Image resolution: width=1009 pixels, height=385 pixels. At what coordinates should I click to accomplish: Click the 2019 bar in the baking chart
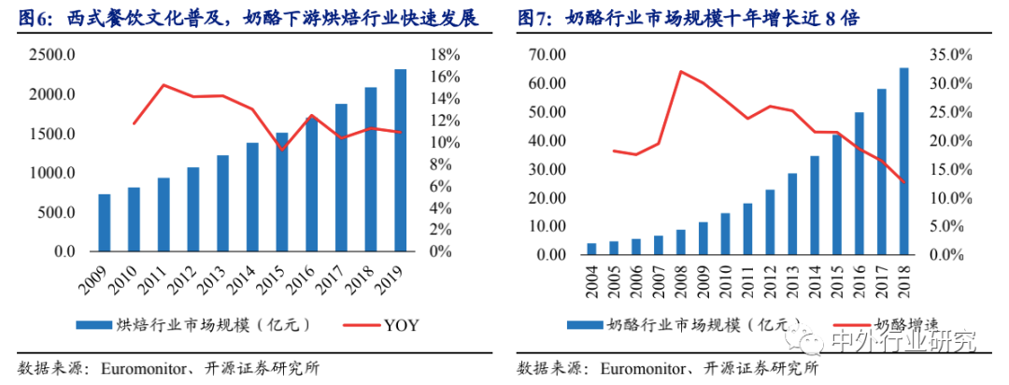tap(400, 161)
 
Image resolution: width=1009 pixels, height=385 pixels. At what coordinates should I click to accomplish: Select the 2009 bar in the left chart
tap(105, 223)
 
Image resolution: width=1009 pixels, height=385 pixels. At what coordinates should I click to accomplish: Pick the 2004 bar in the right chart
tap(591, 249)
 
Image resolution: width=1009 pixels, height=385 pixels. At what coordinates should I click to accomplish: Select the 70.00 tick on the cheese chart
tap(545, 55)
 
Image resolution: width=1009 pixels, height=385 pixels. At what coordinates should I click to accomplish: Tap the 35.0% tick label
tap(954, 55)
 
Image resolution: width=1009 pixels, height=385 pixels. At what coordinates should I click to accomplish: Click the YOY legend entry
tap(401, 325)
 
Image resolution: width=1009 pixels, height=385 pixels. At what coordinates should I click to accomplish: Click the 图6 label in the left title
tap(33, 17)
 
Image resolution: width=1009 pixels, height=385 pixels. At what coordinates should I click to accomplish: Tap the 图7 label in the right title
tap(535, 17)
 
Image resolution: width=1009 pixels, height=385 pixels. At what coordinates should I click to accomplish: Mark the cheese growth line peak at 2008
tap(681, 71)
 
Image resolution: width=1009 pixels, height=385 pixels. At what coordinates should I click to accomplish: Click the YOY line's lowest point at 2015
tap(282, 149)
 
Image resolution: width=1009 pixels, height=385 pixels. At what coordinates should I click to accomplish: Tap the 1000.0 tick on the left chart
tap(52, 174)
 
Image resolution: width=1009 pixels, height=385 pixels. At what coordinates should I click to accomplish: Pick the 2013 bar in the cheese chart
tap(792, 214)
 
